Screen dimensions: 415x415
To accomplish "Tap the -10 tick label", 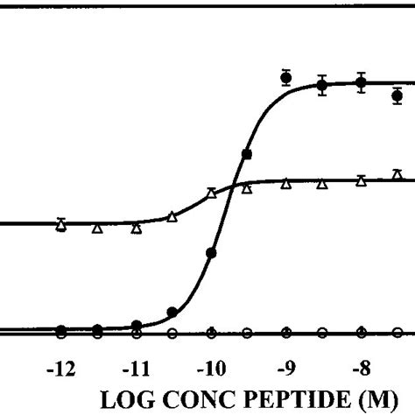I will click(x=210, y=368).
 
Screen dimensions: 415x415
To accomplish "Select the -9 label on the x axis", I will click(x=285, y=368).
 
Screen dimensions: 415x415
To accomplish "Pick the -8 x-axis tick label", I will click(x=361, y=368).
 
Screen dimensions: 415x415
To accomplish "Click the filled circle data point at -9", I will click(x=285, y=78).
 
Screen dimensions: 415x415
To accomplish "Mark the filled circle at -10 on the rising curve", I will click(x=210, y=253).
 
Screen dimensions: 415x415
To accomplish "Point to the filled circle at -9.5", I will click(x=247, y=154).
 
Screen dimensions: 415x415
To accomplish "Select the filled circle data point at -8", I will click(x=361, y=82).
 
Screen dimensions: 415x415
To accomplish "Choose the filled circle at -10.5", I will click(x=172, y=312).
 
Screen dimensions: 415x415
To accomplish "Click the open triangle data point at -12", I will click(x=60, y=226).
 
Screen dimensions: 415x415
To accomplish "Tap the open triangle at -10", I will click(x=210, y=193).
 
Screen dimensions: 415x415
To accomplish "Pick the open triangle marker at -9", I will click(x=285, y=184).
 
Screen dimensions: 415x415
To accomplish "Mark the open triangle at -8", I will click(x=361, y=181).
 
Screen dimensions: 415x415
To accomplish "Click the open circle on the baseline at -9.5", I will click(x=247, y=333).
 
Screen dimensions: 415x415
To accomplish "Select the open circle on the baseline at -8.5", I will click(x=322, y=333).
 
